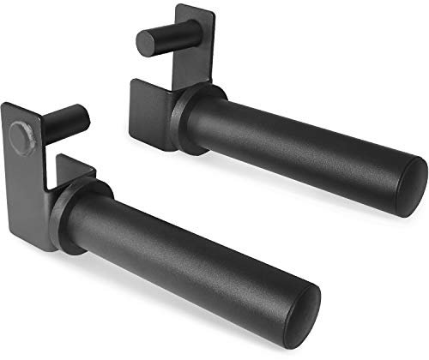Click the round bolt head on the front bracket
pos(22,135)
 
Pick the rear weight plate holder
pos(275,129)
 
